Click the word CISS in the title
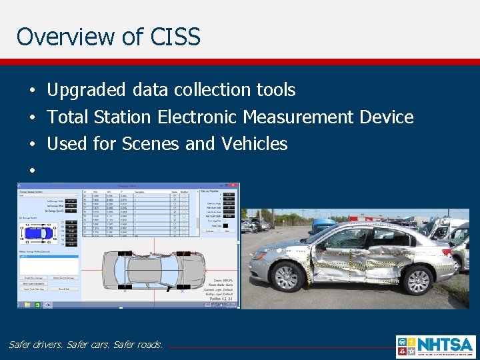(177, 36)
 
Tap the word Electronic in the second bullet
(197, 117)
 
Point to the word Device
(386, 117)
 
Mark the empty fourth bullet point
(31, 171)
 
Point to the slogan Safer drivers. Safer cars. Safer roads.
(85, 345)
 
